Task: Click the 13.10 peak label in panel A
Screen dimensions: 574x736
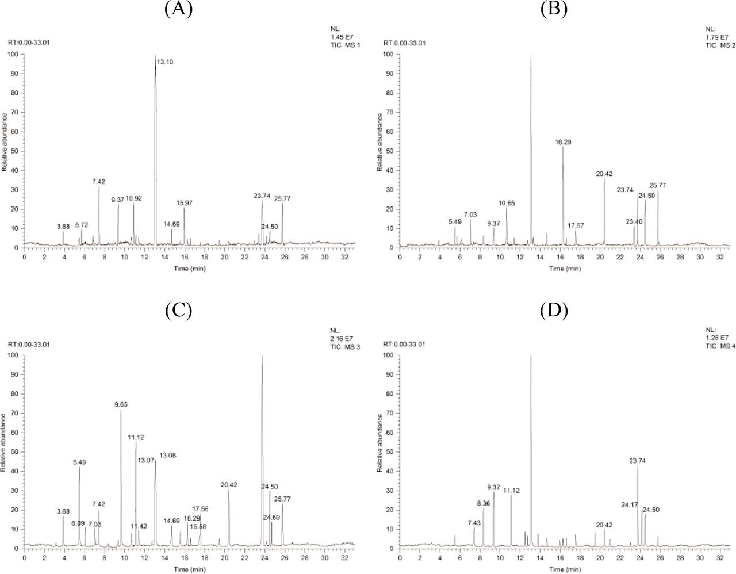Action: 166,62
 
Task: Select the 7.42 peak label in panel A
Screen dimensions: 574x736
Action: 98,182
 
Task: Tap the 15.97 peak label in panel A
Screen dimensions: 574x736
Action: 185,203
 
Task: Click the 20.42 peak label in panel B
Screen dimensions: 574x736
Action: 604,173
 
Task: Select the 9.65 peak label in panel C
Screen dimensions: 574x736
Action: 121,405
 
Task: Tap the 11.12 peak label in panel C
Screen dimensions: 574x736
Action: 136,438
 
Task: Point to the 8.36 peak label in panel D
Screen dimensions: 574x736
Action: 484,503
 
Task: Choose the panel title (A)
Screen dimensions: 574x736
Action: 178,9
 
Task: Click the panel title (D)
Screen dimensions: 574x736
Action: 554,311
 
